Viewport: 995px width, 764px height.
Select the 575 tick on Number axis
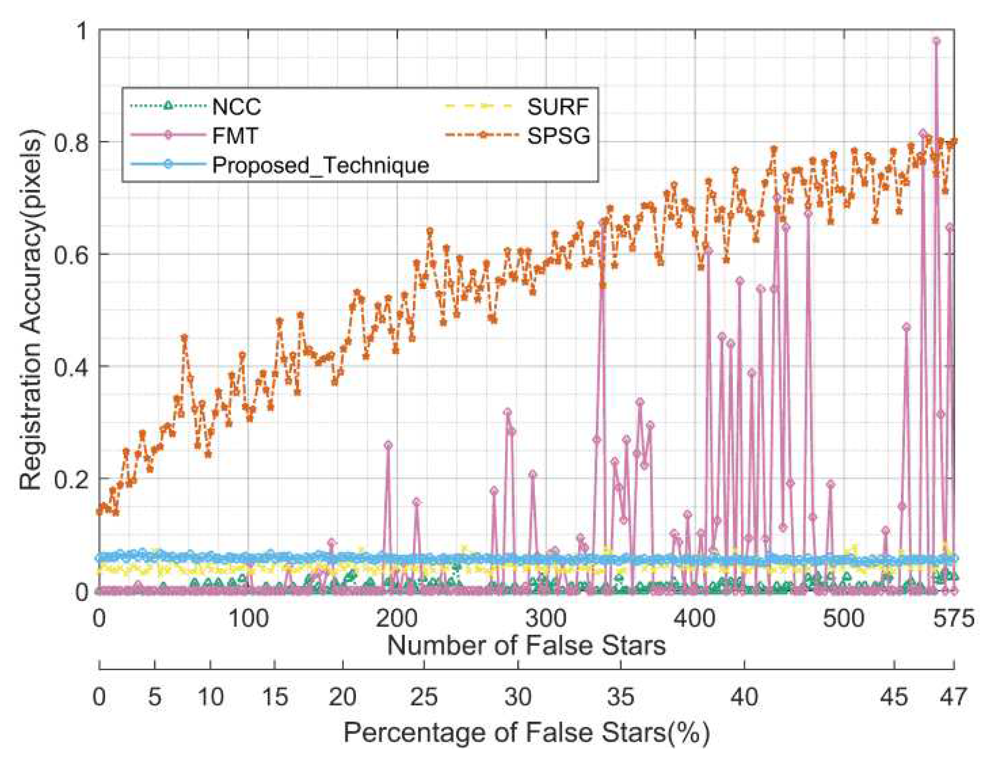point(953,619)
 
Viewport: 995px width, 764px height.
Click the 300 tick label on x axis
point(546,619)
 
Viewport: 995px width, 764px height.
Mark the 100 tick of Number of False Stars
point(248,619)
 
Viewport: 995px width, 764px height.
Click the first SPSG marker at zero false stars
point(99,511)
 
